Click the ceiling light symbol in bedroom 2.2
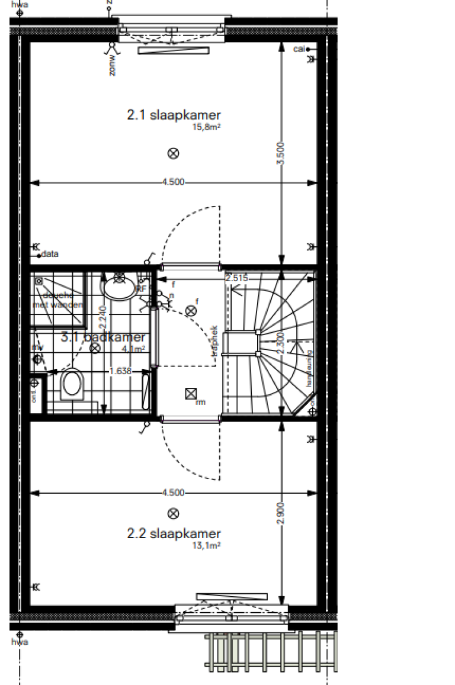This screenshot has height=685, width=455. point(173,513)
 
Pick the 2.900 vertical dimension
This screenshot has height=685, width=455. point(281,514)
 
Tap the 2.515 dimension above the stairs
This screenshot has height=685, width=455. point(236,277)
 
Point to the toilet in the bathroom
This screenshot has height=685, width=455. point(72,384)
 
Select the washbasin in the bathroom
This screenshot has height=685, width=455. point(120,288)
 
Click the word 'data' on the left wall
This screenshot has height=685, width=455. point(50,255)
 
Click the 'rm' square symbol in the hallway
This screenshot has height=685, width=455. point(191,393)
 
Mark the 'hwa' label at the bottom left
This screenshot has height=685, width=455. point(20,642)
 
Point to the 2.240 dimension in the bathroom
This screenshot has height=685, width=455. point(103,321)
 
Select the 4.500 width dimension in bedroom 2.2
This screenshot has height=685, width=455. point(173,492)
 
